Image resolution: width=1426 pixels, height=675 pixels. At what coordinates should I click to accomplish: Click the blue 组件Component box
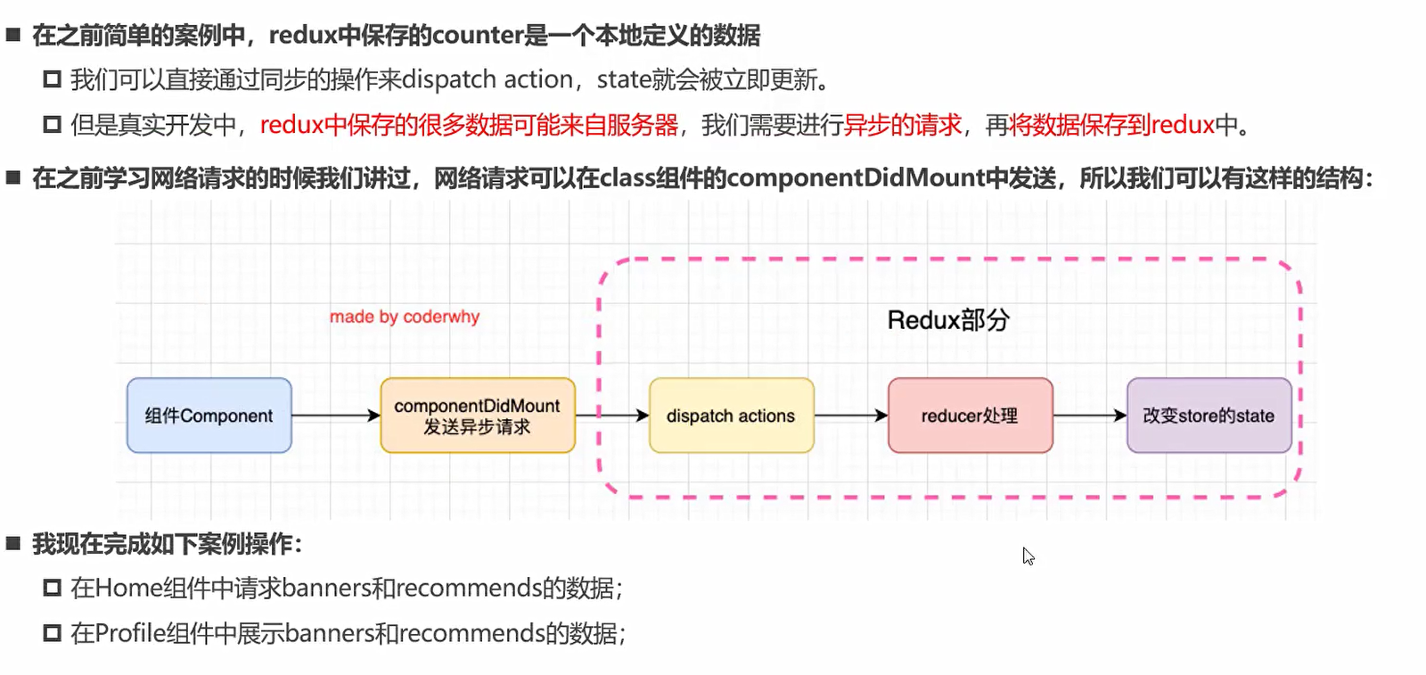pyautogui.click(x=209, y=416)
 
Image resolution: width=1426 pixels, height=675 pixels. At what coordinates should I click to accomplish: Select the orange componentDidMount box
pyautogui.click(x=477, y=416)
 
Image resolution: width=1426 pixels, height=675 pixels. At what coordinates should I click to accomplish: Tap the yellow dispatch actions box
pyautogui.click(x=731, y=416)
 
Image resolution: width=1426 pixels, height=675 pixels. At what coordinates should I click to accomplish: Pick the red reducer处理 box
pyautogui.click(x=970, y=416)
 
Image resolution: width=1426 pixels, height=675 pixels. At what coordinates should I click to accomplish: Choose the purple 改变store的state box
pyautogui.click(x=1209, y=416)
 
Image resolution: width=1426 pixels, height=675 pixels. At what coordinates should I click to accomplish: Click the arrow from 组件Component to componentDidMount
pyautogui.click(x=335, y=416)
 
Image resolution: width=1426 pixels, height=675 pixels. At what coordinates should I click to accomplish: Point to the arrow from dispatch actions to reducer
pyautogui.click(x=850, y=416)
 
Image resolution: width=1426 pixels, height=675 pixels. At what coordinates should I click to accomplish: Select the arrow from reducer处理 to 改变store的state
pyautogui.click(x=1089, y=416)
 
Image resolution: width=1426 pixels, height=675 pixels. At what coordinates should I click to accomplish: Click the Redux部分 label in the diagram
pyautogui.click(x=947, y=320)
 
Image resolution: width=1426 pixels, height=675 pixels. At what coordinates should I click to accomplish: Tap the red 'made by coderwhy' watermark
pyautogui.click(x=404, y=317)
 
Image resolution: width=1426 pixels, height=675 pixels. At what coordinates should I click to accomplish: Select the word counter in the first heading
pyautogui.click(x=478, y=36)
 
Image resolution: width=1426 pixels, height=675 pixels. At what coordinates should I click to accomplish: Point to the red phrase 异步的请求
pyautogui.click(x=903, y=125)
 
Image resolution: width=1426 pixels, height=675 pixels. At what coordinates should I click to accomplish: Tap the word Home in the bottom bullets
pyautogui.click(x=128, y=589)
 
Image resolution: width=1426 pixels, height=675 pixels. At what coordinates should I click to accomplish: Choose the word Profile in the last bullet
pyautogui.click(x=129, y=634)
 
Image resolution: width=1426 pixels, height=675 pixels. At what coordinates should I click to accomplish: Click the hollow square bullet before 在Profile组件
pyautogui.click(x=52, y=633)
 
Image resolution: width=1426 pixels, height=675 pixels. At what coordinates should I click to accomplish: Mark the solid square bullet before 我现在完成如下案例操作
pyautogui.click(x=12, y=543)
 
